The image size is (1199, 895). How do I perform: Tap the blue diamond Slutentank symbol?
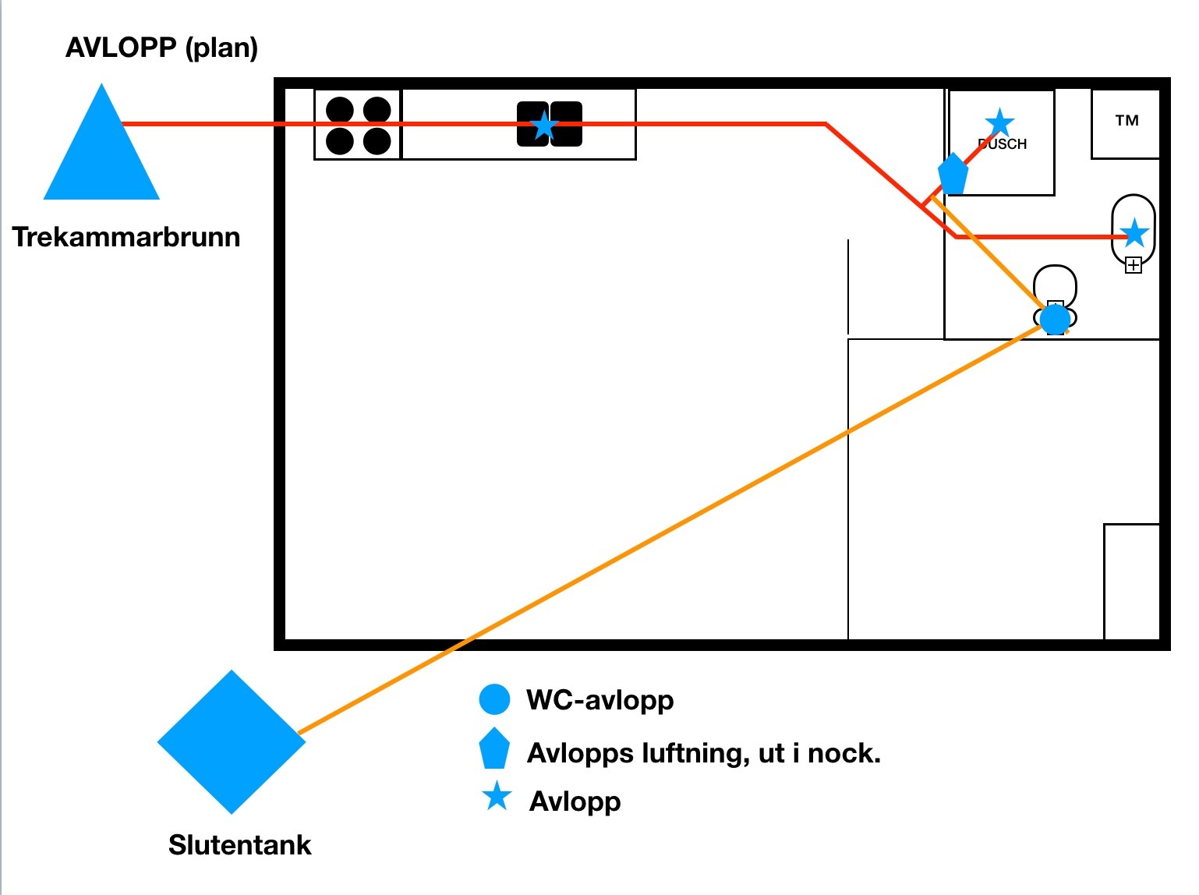coord(232,741)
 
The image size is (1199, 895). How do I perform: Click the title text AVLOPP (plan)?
coord(161,48)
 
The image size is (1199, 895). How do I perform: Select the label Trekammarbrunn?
coord(126,237)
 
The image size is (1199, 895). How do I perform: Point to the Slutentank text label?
coord(239,845)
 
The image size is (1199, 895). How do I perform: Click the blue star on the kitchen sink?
coord(544,125)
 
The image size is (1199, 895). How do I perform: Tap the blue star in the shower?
coord(999,122)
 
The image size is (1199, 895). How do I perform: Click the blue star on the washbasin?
coord(1134,232)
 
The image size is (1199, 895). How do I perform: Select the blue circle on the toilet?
coord(1056,319)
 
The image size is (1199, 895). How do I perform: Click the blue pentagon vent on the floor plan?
coord(953,174)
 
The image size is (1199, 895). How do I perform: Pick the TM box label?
coord(1126,121)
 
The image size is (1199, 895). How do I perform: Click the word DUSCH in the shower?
coord(1003,144)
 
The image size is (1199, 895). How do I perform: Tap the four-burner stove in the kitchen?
coord(358,125)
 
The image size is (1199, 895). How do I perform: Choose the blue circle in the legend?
coord(494,700)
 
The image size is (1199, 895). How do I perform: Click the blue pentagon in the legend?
coord(494,749)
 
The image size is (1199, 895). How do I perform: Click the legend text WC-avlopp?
coord(599,700)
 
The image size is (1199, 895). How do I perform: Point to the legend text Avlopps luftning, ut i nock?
coord(703,753)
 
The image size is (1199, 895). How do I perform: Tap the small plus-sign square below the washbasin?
coord(1134,266)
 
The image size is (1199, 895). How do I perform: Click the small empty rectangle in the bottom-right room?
coord(1131,582)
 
